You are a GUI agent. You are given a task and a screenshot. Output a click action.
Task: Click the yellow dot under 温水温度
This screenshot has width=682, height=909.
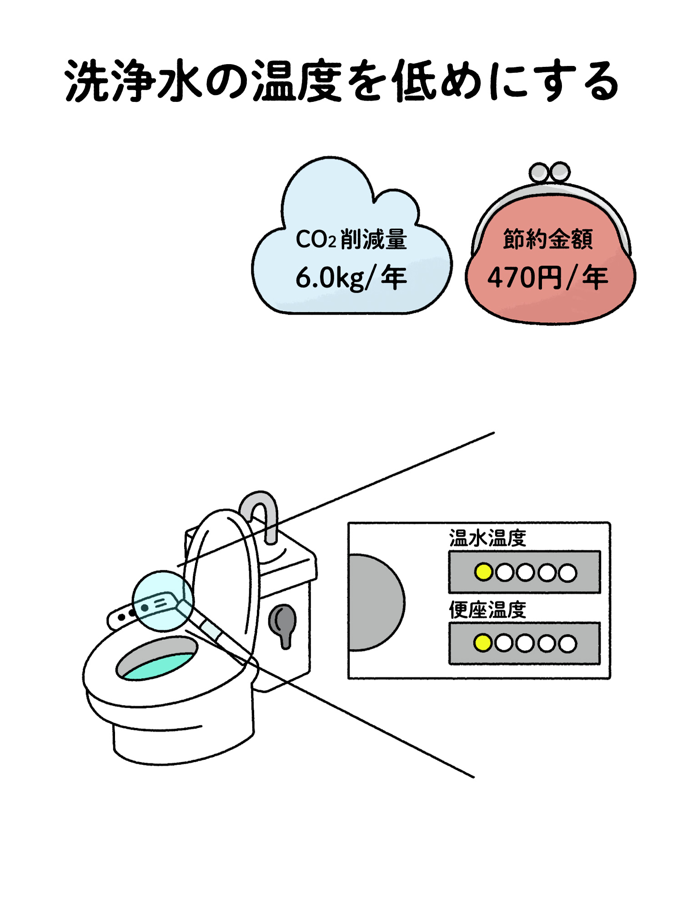pos(483,572)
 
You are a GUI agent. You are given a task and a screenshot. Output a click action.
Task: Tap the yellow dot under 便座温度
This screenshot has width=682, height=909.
pos(483,643)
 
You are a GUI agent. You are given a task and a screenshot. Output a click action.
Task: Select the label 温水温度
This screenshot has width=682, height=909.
pos(487,538)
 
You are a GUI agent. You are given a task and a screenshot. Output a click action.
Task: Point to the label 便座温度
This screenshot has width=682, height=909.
pos(487,610)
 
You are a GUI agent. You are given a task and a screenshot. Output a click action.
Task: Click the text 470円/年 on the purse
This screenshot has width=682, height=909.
pos(547,278)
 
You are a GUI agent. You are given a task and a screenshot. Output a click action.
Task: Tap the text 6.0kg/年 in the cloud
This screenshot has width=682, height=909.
pos(351,278)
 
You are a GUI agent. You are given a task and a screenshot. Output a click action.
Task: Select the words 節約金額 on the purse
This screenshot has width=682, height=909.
pos(548,239)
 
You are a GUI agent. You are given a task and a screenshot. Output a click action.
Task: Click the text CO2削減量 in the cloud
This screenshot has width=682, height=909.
pos(351,239)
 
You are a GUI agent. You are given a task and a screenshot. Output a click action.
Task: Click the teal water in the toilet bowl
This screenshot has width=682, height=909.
pos(159,666)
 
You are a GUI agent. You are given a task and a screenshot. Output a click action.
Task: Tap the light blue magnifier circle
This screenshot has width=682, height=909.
pos(162,601)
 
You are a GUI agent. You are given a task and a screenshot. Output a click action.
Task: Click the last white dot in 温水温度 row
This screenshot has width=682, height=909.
pos(567,573)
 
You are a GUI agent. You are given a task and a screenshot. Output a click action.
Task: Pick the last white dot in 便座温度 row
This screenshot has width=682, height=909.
pos(567,643)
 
